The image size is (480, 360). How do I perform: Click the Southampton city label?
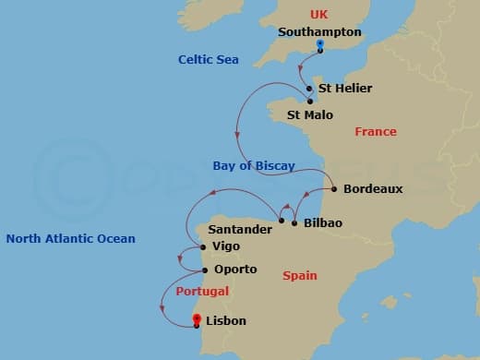319,32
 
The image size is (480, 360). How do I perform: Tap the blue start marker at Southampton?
319,44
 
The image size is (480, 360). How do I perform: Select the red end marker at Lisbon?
197,319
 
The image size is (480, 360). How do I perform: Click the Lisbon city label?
227,321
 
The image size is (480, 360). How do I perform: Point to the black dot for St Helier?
309,90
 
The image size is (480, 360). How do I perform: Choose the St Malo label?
310,115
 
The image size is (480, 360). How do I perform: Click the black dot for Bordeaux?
333,188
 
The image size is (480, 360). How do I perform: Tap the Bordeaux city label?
373,188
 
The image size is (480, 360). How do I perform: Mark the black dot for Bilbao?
294,223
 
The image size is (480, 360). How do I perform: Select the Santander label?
240,229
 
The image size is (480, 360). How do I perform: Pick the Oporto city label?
234,270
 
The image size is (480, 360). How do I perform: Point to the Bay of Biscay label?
253,166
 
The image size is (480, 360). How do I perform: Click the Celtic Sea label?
209,60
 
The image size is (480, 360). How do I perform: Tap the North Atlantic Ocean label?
70,239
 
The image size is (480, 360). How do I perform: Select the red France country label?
376,132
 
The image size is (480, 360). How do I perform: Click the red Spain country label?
300,276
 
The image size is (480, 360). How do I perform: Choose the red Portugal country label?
201,292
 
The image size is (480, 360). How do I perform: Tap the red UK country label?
319,15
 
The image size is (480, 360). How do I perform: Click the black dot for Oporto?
205,270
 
